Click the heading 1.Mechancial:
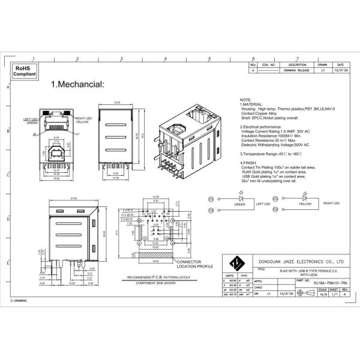coord(77,85)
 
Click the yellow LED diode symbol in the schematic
coord(305,197)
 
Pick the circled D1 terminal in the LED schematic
coord(211,198)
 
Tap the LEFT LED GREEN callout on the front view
coord(31,121)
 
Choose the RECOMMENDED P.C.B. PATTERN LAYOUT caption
coord(142,278)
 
